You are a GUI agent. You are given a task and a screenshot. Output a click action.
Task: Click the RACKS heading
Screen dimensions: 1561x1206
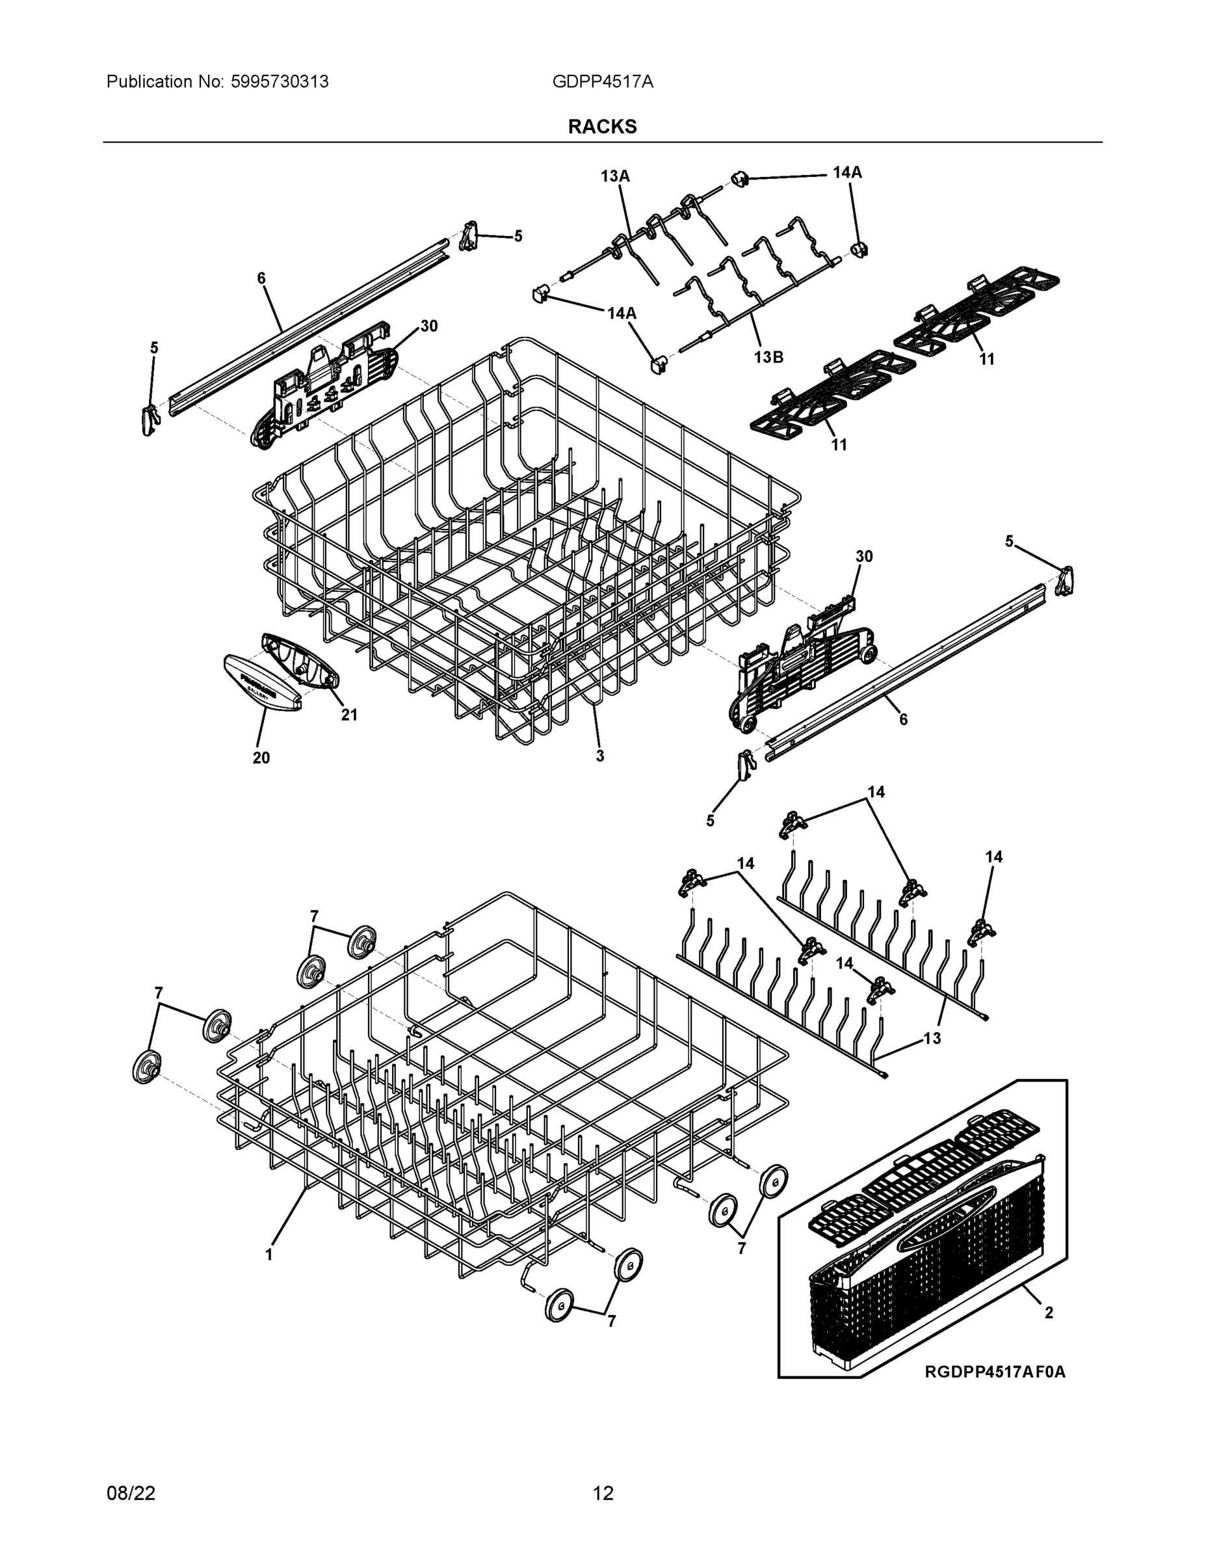[x=602, y=127]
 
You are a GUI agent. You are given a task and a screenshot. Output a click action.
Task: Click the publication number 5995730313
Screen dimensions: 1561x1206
[x=280, y=82]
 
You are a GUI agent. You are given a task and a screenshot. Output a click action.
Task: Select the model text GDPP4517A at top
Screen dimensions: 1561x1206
[x=602, y=82]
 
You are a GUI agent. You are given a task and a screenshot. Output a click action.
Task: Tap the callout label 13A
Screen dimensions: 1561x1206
[x=614, y=176]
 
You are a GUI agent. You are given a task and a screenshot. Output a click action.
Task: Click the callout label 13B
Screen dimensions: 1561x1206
[x=768, y=356]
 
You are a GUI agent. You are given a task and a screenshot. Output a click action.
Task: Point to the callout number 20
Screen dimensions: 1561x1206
[x=261, y=758]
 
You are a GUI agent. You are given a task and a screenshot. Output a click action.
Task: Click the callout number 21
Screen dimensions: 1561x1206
[x=348, y=715]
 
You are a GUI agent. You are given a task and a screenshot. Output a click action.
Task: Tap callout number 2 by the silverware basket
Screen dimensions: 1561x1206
[x=1049, y=1313]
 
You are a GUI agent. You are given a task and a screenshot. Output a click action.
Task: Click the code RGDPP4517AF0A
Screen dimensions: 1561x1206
[x=995, y=1372]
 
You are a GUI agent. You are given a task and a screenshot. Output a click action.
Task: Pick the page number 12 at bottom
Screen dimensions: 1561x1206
[x=602, y=1493]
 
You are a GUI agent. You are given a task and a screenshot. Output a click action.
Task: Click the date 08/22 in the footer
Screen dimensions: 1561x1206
[x=131, y=1493]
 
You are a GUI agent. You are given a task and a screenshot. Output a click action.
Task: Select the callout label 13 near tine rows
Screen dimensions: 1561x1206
[x=932, y=1039]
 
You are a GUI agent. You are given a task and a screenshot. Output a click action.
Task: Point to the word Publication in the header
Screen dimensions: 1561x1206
[x=149, y=82]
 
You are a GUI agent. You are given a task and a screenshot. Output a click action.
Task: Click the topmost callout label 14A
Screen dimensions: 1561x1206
[x=847, y=172]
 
